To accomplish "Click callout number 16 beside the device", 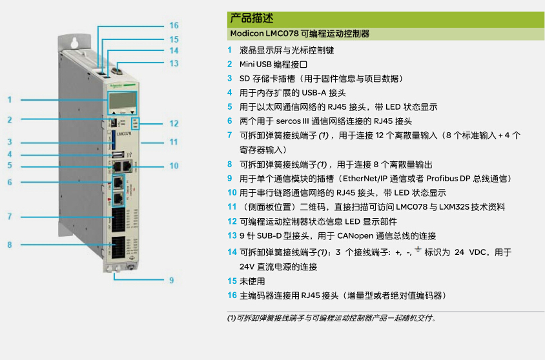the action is pyautogui.click(x=174, y=25).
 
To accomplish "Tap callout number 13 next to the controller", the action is pyautogui.click(x=174, y=63).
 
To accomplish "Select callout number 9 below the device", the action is pyautogui.click(x=171, y=280).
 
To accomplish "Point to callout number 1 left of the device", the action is pyautogui.click(x=10, y=99).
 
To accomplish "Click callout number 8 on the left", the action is pyautogui.click(x=10, y=245).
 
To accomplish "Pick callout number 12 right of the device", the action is pyautogui.click(x=174, y=124).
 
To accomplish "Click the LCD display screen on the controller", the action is pyautogui.click(x=122, y=101).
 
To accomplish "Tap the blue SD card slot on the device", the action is pyautogui.click(x=113, y=139).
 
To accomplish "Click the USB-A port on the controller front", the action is pyautogui.click(x=118, y=154).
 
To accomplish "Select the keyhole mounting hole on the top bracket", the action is pyautogui.click(x=74, y=43).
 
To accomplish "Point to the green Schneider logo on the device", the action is pyautogui.click(x=116, y=86).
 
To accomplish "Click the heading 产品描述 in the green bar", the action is pyautogui.click(x=252, y=18).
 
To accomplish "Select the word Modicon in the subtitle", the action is pyautogui.click(x=247, y=34).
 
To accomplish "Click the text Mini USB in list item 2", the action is pyautogui.click(x=255, y=65).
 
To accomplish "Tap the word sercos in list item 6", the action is pyautogui.click(x=288, y=121).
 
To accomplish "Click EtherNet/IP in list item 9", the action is pyautogui.click(x=365, y=179).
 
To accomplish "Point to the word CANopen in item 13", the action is pyautogui.click(x=355, y=236).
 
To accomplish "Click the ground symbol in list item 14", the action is pyautogui.click(x=418, y=250).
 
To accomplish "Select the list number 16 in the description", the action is pyautogui.click(x=232, y=295).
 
